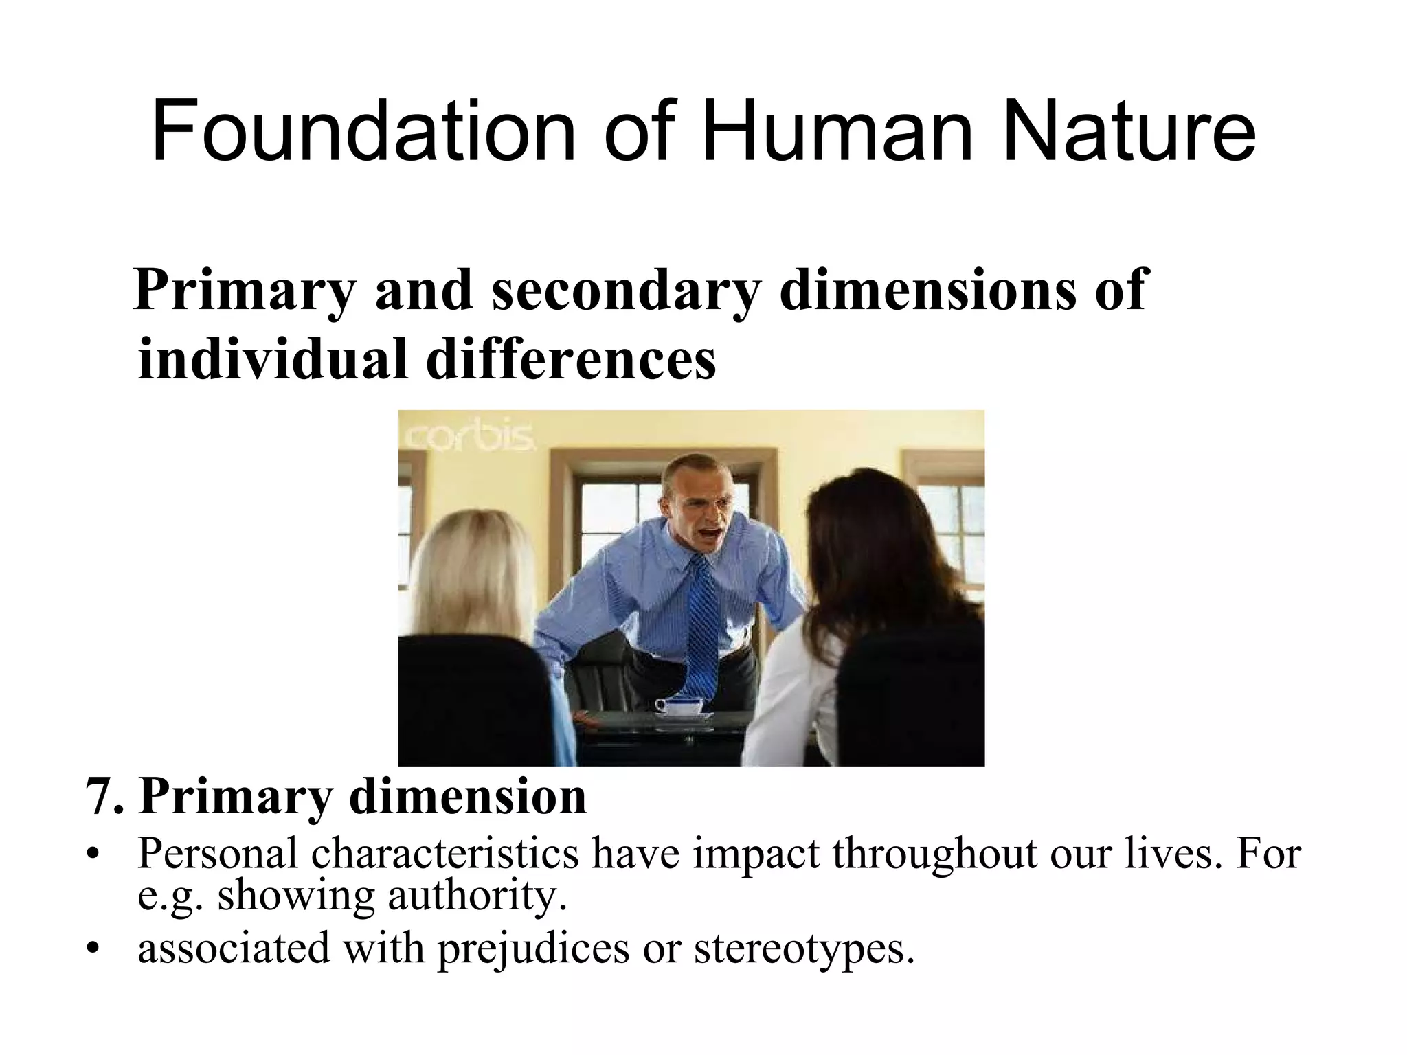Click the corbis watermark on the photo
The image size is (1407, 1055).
point(471,437)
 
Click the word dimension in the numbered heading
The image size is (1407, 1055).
point(468,797)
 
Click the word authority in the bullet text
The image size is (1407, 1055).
point(477,896)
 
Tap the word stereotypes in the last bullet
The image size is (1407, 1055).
point(804,949)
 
